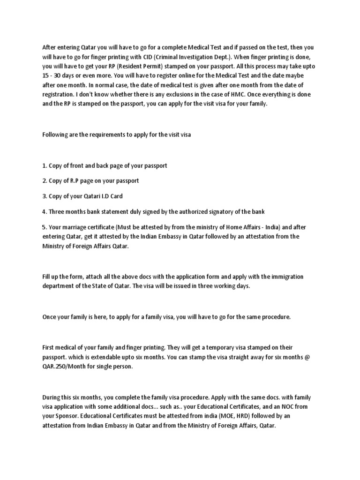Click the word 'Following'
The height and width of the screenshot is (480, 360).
(56, 135)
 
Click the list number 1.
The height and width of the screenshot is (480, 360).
(44, 165)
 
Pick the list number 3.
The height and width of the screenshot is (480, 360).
(45, 196)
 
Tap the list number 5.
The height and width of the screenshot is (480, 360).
(44, 227)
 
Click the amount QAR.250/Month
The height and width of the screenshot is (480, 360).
(63, 367)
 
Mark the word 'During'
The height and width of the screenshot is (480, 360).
(52, 397)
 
